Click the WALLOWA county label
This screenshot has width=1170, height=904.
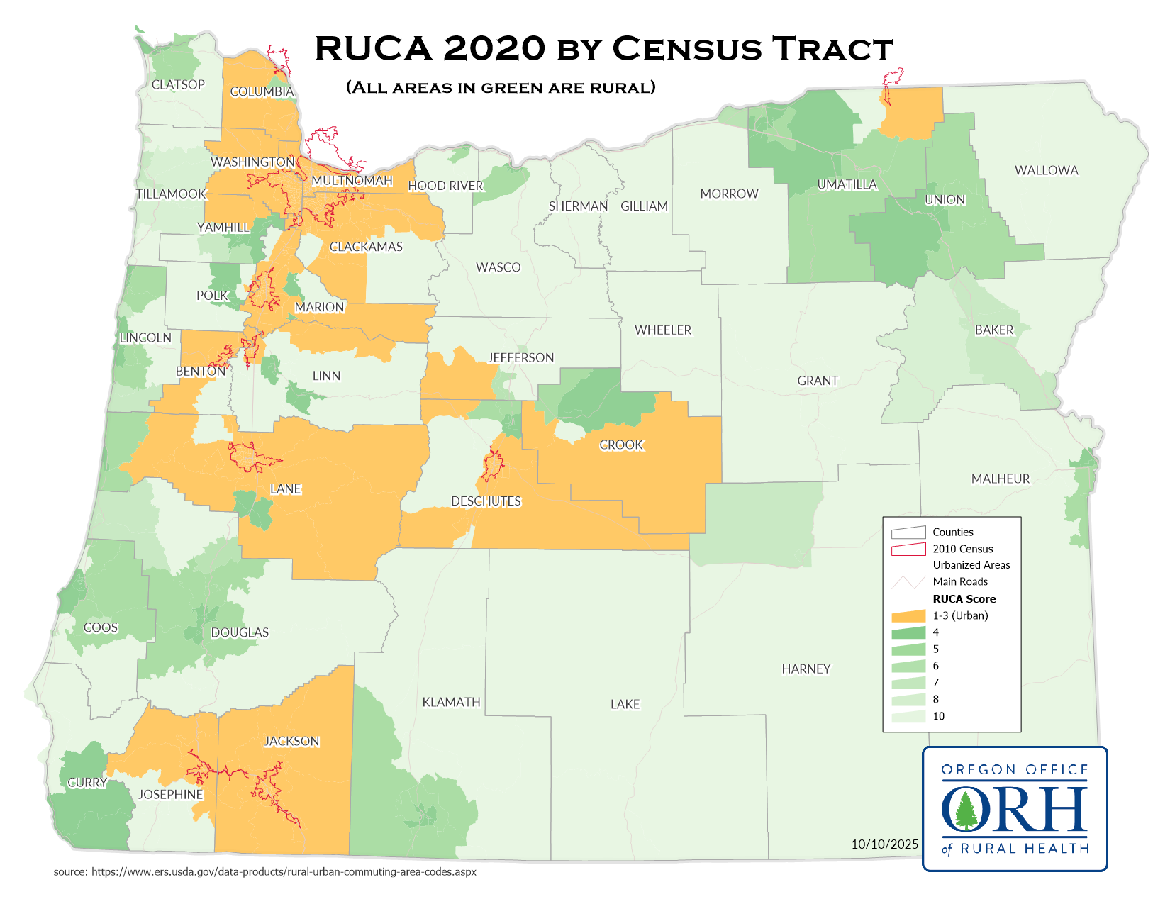tap(1046, 170)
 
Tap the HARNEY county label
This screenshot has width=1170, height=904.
tap(806, 669)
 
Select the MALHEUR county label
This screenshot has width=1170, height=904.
tap(1000, 479)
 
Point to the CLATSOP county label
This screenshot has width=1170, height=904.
tap(178, 84)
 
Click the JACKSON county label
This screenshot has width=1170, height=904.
tap(291, 741)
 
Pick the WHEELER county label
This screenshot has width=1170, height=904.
tap(662, 330)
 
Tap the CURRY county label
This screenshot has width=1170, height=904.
tap(87, 783)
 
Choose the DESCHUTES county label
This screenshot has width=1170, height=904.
tap(486, 501)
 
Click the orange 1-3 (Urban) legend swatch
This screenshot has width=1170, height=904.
tap(908, 615)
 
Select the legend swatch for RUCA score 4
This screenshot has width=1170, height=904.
tap(908, 632)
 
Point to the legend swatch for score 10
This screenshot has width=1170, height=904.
tap(908, 716)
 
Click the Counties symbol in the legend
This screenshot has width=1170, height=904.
tap(908, 532)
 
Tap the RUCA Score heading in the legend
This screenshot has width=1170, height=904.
tap(964, 598)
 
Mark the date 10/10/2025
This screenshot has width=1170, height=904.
tap(884, 844)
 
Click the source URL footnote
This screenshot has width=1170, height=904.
tap(264, 871)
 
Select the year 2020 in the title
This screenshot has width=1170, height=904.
tap(494, 48)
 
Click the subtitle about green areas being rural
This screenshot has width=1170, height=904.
tap(501, 87)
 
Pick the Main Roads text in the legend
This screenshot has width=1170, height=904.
tap(959, 581)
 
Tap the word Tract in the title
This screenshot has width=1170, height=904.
tap(832, 48)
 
